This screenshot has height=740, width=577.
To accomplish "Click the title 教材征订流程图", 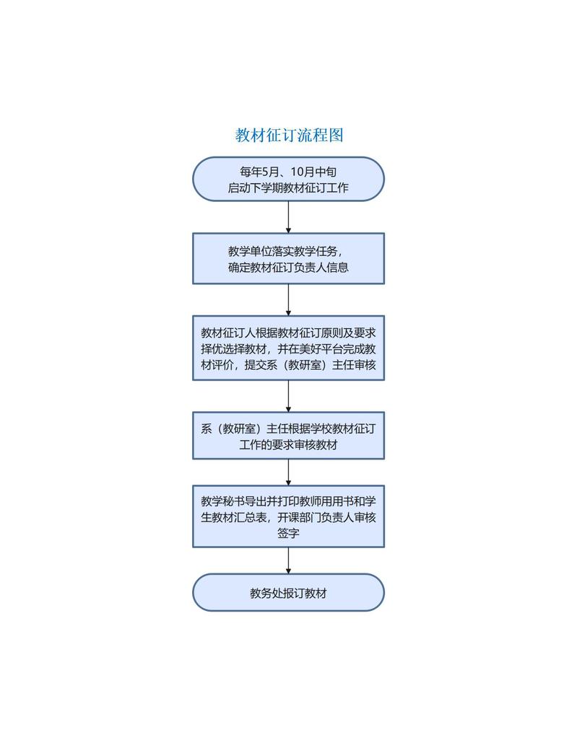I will click(288, 135).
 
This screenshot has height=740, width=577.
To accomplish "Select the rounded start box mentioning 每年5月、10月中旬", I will click(288, 179).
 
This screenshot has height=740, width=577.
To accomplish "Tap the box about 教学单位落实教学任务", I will click(288, 258).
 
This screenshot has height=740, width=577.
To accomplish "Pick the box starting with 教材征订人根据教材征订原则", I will click(288, 348).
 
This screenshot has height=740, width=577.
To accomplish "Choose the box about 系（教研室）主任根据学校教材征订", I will click(288, 436).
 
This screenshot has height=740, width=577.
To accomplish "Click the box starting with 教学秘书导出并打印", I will click(288, 516).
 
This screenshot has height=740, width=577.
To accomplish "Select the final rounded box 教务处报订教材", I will click(288, 593).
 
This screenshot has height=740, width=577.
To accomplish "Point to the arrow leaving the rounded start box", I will click(288, 216).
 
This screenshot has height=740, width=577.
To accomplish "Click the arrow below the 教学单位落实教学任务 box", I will click(288, 299).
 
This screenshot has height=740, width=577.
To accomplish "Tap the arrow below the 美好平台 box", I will click(288, 396).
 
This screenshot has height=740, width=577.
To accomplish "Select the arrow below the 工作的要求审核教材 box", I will click(288, 472).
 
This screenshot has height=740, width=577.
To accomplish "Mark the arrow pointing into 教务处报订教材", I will click(288, 560).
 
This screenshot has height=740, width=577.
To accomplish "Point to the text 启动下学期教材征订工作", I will click(288, 188).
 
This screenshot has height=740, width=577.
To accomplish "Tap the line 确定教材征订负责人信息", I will click(288, 268).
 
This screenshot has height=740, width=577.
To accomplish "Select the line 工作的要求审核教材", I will click(288, 445).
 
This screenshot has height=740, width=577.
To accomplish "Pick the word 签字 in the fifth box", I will click(288, 534).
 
